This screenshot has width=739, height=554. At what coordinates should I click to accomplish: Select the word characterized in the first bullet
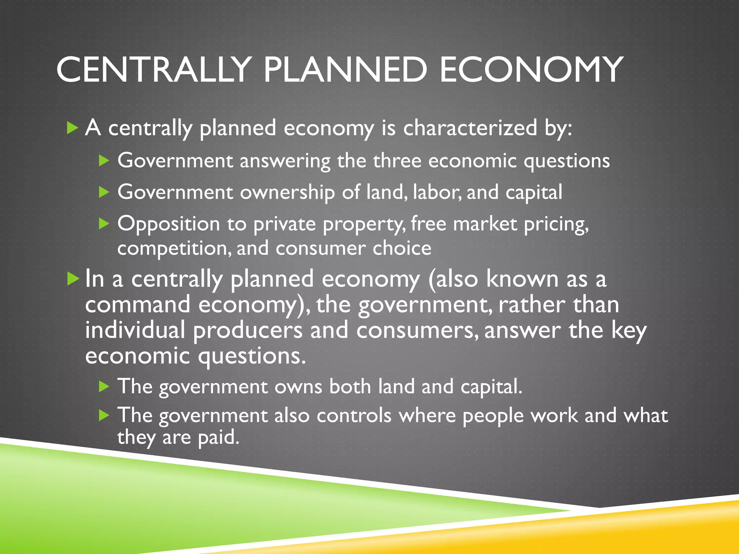pyautogui.click(x=470, y=128)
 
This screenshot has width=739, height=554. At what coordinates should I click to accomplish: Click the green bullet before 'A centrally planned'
pyautogui.click(x=73, y=128)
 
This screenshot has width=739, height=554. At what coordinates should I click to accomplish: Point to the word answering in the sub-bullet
pyautogui.click(x=285, y=161)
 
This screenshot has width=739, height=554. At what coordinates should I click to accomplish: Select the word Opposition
pyautogui.click(x=169, y=224)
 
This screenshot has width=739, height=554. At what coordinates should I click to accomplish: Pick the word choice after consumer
pyautogui.click(x=402, y=249)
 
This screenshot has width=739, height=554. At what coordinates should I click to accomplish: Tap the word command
pyautogui.click(x=137, y=305)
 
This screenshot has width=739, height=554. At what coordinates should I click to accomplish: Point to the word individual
pyautogui.click(x=135, y=330)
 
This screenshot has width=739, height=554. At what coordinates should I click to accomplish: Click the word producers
pyautogui.click(x=248, y=331)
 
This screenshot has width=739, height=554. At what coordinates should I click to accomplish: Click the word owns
pyautogui.click(x=298, y=387)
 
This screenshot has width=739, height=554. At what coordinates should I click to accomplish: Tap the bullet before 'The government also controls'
pyautogui.click(x=104, y=415)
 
